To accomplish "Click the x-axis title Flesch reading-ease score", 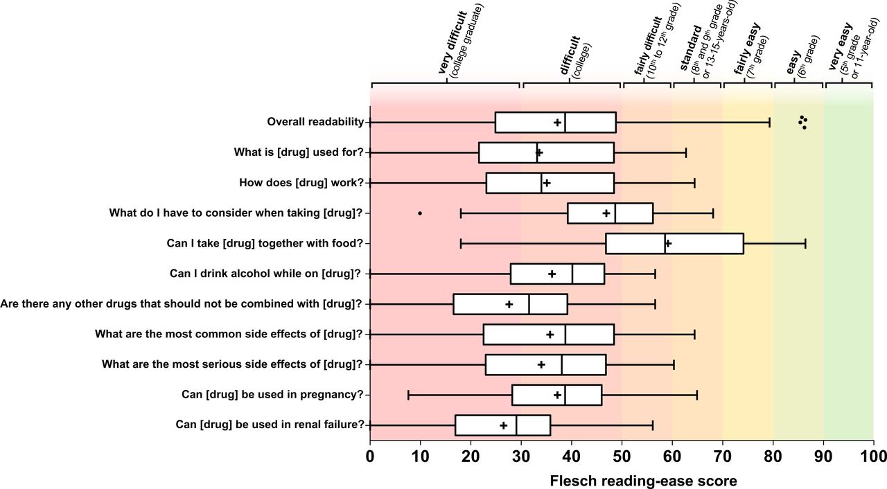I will (x=642, y=480).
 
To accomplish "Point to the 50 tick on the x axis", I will (x=622, y=441).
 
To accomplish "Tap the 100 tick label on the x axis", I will (x=873, y=456).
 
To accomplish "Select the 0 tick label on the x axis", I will (x=370, y=456).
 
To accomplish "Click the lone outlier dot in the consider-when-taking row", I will (x=420, y=213).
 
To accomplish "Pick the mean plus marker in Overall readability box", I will (x=557, y=123).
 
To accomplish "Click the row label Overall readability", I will (x=315, y=122).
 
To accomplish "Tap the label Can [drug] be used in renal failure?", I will (x=270, y=425).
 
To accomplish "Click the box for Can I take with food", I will (x=674, y=243).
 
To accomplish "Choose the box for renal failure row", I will (x=502, y=425).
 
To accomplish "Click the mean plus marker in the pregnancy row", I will (x=557, y=395).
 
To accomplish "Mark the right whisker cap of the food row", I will (x=805, y=243).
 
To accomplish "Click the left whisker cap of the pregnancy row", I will (x=408, y=395).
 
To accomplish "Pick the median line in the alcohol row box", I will (x=572, y=274).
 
